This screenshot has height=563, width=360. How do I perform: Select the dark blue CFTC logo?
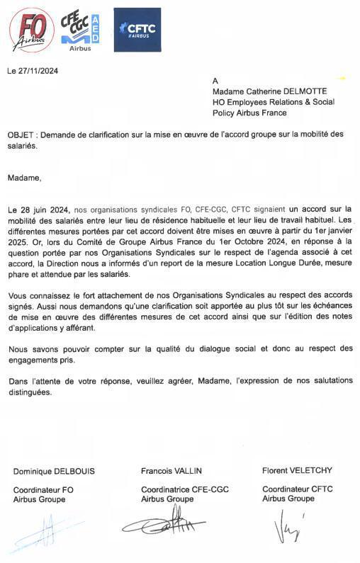click(137, 30)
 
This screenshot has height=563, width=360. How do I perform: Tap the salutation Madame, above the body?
click(26, 178)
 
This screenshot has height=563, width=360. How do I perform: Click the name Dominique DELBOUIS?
click(54, 471)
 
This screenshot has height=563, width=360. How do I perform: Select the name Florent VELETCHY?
click(297, 470)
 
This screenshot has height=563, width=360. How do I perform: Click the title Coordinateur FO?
click(43, 489)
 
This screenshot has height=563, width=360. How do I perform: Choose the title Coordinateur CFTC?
click(298, 489)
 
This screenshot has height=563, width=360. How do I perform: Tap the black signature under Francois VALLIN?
click(164, 527)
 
